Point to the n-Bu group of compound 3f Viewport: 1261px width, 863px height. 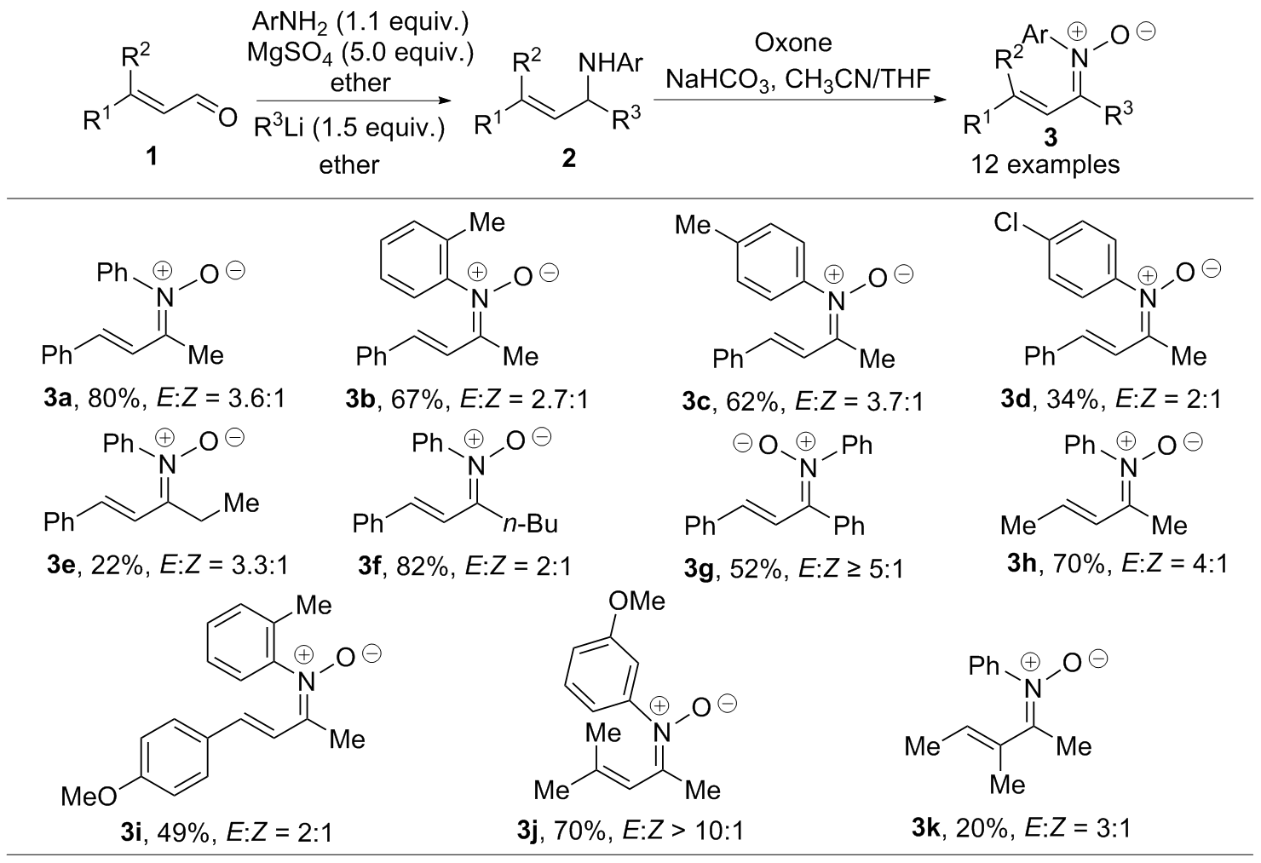(x=530, y=521)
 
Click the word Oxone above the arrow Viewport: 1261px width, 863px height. (x=792, y=43)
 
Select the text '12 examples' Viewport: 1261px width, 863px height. (x=1046, y=164)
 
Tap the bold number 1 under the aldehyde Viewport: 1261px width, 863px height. (x=153, y=158)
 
